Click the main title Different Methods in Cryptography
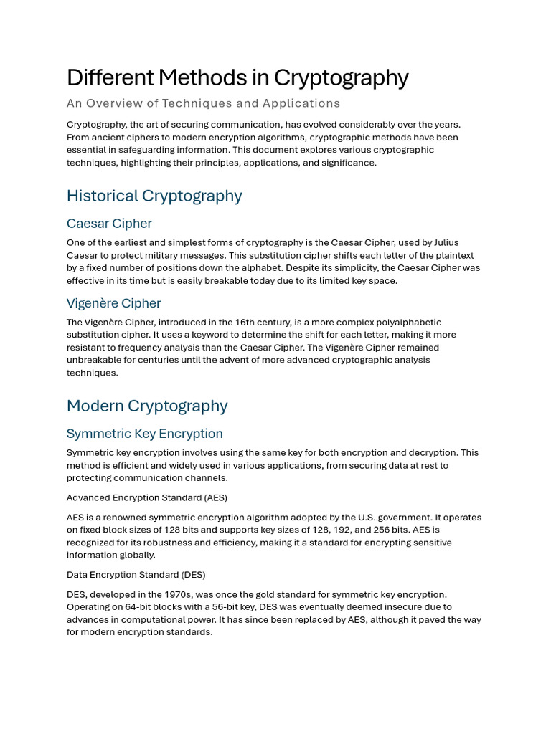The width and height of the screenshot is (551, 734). [x=237, y=77]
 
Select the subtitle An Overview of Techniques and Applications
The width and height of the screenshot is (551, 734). [x=203, y=103]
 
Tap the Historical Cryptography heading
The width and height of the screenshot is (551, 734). [x=154, y=196]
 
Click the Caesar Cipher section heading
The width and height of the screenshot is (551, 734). [x=109, y=224]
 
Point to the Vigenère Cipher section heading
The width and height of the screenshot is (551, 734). [x=113, y=303]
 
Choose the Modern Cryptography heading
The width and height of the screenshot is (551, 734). [x=147, y=406]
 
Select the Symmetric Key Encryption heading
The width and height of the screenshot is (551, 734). [x=144, y=434]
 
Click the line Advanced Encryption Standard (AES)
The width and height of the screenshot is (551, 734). [x=146, y=497]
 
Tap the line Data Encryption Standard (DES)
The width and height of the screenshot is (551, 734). [x=136, y=575]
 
